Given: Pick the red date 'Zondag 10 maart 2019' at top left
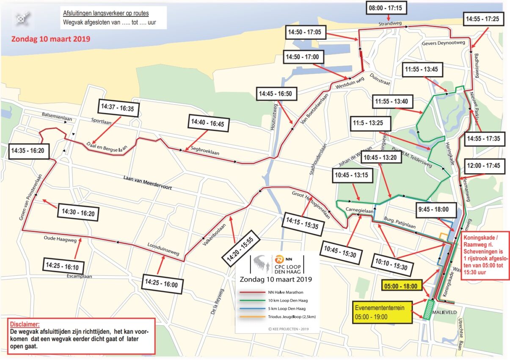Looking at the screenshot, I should click(x=50, y=39).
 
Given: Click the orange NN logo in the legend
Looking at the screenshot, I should click(x=279, y=259).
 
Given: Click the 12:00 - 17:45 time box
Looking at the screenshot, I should click(x=484, y=166).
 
